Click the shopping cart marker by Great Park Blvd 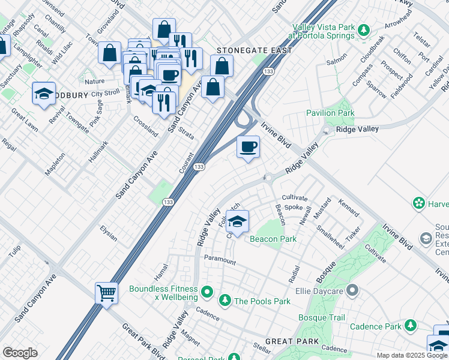106,293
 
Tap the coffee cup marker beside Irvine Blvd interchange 248,147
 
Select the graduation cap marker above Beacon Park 238,222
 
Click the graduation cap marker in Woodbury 44,94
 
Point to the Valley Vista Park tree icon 363,29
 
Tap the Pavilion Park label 330,113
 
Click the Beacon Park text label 273,239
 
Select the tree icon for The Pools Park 224,300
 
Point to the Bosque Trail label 322,317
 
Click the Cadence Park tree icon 411,326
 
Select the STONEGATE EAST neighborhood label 254,51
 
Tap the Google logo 20,353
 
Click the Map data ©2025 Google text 412,355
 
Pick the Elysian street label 109,233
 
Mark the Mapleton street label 56,163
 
